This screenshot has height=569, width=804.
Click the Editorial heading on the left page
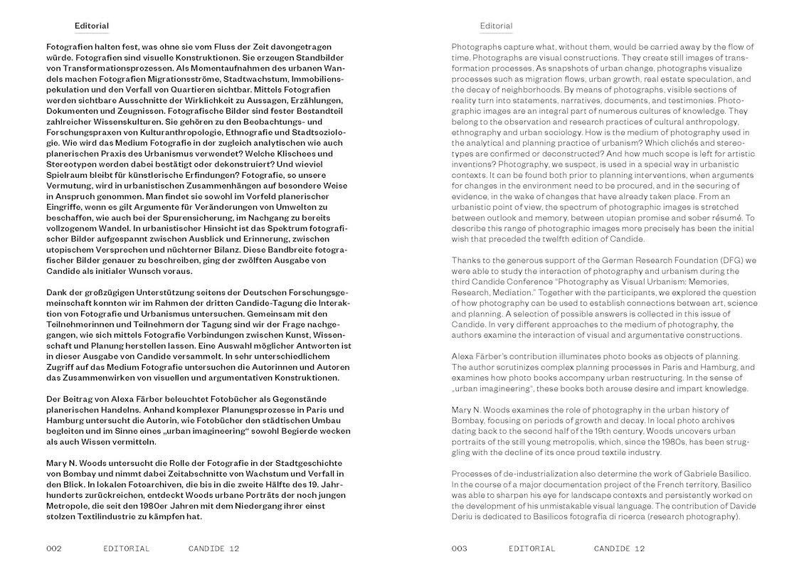(91, 26)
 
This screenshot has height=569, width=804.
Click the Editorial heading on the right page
(496, 26)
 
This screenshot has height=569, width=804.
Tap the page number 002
(54, 549)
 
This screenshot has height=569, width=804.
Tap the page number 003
(460, 549)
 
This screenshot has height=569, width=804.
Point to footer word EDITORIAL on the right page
(532, 549)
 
